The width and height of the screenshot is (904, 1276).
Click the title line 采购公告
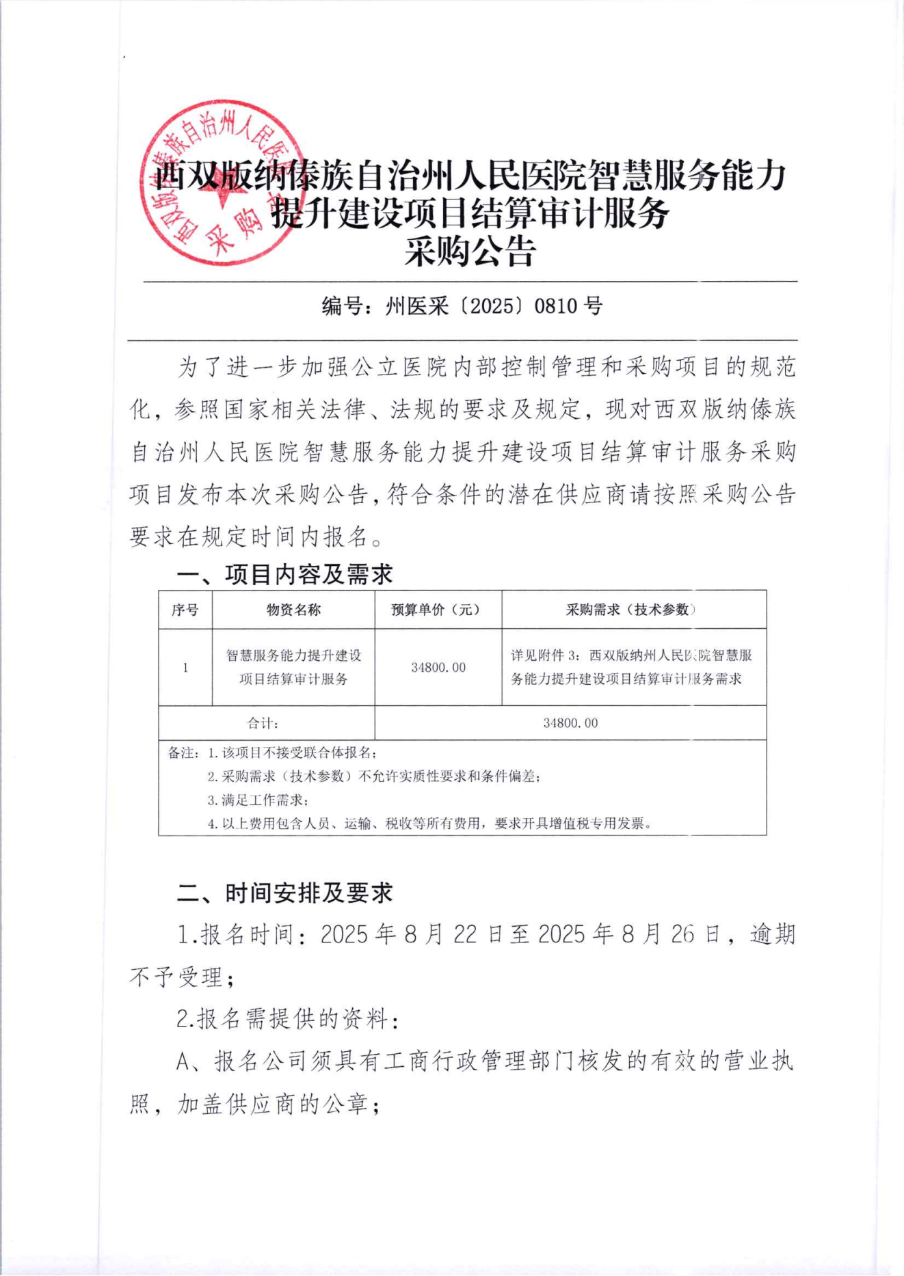pyautogui.click(x=469, y=252)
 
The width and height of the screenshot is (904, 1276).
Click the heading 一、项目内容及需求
pyautogui.click(x=285, y=575)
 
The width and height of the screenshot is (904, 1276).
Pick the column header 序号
pyautogui.click(x=185, y=610)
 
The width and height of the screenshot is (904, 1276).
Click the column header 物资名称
pyautogui.click(x=293, y=610)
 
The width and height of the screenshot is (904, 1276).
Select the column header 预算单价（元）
pyautogui.click(x=438, y=610)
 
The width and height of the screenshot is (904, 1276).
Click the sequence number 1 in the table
pyautogui.click(x=185, y=667)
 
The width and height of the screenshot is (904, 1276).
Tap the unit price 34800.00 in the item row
pyautogui.click(x=438, y=667)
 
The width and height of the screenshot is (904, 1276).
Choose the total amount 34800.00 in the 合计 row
pyautogui.click(x=570, y=723)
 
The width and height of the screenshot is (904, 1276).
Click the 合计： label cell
pyautogui.click(x=263, y=723)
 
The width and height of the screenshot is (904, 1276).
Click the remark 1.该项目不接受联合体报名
pyautogui.click(x=292, y=753)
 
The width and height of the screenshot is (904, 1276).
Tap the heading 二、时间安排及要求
pyautogui.click(x=285, y=893)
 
